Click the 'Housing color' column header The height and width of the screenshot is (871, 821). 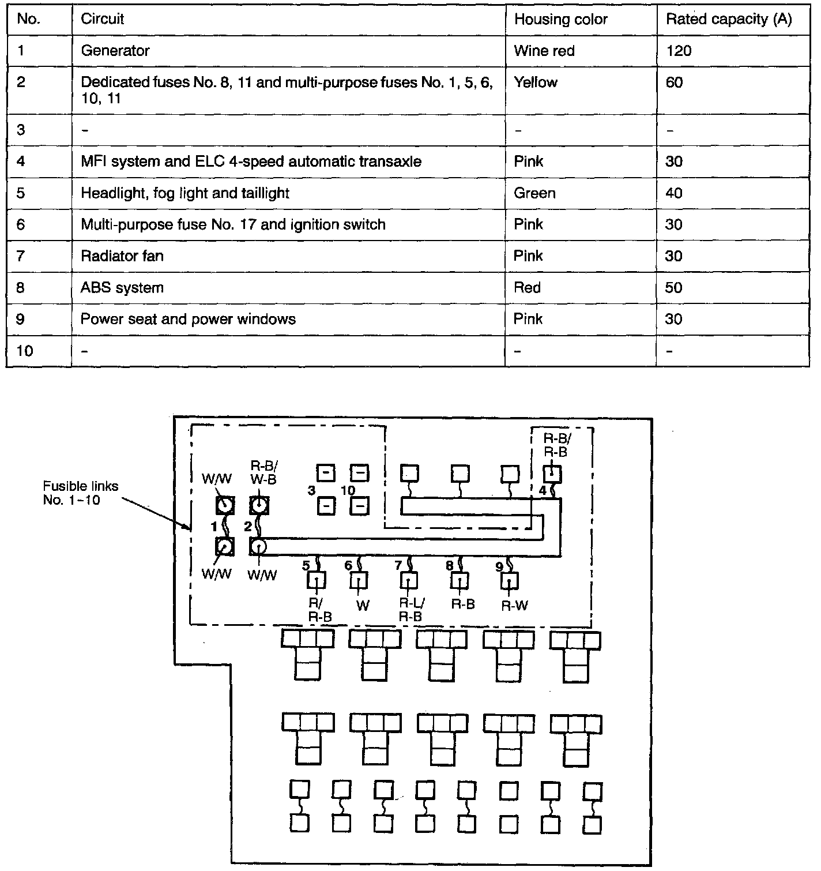(x=560, y=20)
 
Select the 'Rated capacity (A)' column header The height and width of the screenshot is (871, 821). (x=729, y=20)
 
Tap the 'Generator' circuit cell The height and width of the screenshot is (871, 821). (x=115, y=51)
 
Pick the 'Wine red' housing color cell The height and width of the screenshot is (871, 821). (x=544, y=51)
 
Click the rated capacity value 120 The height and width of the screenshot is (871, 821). (x=679, y=51)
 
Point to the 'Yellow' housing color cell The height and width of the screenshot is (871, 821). (x=536, y=82)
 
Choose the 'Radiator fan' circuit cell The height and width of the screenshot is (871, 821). (x=122, y=256)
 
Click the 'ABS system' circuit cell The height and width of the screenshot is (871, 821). (x=122, y=287)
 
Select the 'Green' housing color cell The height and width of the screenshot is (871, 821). (x=534, y=193)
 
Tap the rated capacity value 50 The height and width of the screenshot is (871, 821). (x=674, y=287)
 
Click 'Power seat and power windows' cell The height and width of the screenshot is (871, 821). (x=188, y=319)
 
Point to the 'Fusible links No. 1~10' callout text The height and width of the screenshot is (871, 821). (x=81, y=493)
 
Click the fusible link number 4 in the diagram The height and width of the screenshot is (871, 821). (x=543, y=491)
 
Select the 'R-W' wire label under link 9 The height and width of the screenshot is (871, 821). (x=514, y=606)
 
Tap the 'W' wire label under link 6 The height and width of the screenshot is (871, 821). (x=362, y=605)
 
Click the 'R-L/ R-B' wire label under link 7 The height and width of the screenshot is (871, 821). (x=412, y=610)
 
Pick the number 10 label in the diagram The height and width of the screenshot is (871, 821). (x=348, y=490)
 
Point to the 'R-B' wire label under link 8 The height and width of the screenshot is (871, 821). (x=463, y=605)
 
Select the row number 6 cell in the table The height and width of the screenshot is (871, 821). (x=21, y=224)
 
